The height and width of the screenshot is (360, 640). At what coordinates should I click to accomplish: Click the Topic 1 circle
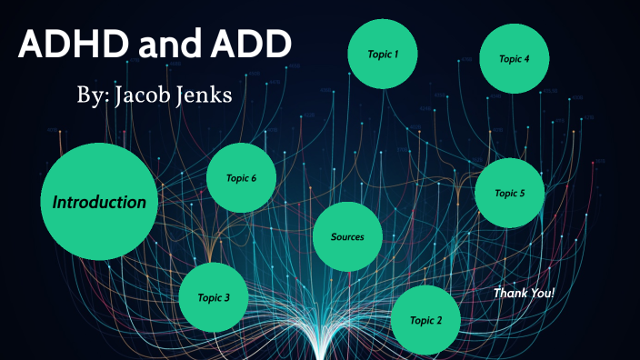pyautogui.click(x=383, y=54)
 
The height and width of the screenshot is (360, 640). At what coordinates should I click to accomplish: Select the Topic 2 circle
pyautogui.click(x=425, y=320)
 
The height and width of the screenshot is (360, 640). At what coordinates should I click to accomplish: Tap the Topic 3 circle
pyautogui.click(x=215, y=296)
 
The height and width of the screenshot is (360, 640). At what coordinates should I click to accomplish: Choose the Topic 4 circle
pyautogui.click(x=515, y=58)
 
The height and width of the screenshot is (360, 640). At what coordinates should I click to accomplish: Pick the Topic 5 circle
pyautogui.click(x=510, y=193)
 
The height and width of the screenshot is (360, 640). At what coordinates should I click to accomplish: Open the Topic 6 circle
pyautogui.click(x=241, y=178)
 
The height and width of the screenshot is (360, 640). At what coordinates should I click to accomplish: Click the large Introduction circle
pyautogui.click(x=99, y=202)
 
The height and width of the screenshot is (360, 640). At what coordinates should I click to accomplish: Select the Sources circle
pyautogui.click(x=347, y=236)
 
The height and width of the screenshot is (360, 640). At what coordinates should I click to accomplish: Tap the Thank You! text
pyautogui.click(x=524, y=293)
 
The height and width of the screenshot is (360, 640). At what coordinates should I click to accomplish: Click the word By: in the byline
pyautogui.click(x=95, y=95)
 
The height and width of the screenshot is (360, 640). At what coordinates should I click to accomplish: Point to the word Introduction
pyautogui.click(x=99, y=202)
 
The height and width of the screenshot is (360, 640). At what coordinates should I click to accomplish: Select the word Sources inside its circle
pyautogui.click(x=347, y=236)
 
